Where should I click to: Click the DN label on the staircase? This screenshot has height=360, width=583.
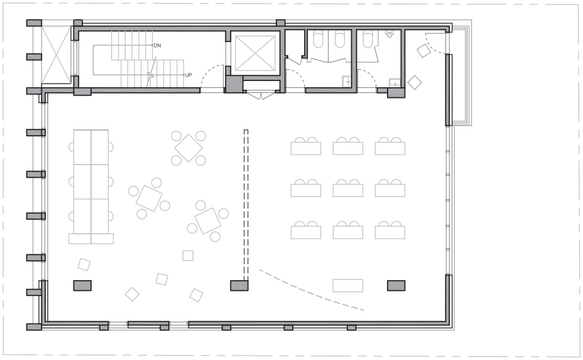pos(157,45)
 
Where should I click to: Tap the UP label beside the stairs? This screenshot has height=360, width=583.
pos(188,75)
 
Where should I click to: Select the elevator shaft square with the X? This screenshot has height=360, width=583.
pos(255,53)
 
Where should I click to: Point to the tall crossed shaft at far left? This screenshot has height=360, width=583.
pos(56,55)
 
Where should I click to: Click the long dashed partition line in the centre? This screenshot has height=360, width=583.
pos(246,205)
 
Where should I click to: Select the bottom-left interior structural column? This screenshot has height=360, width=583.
pos(82,286)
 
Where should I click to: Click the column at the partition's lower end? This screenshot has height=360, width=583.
pos(239,286)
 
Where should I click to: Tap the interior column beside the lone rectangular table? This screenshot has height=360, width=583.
pos(396,286)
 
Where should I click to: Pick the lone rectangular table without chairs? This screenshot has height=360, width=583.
pos(347,286)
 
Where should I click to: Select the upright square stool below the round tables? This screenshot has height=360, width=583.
pos(188,256)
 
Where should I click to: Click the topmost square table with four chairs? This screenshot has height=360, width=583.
pos(188,148)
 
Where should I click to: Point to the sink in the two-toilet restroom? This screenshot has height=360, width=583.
pos(346,81)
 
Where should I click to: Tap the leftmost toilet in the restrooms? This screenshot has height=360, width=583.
pos(318,39)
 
